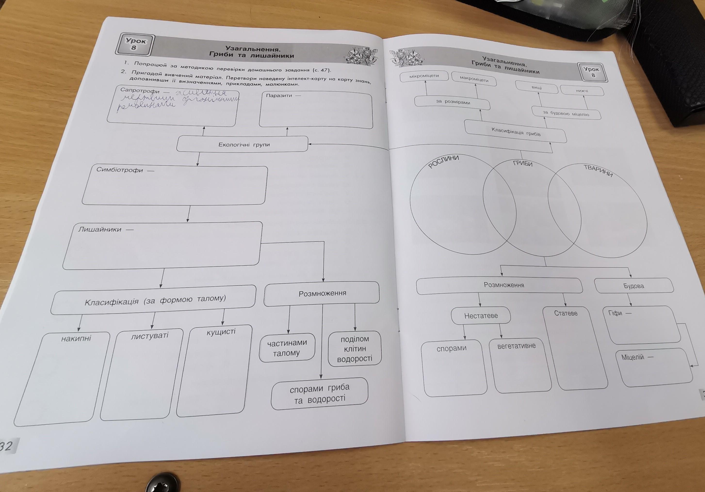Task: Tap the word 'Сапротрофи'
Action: click(x=140, y=91)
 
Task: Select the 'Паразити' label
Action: click(x=279, y=95)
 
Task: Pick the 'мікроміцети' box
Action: click(x=424, y=76)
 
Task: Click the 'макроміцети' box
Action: click(x=474, y=79)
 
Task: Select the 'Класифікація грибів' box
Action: click(x=516, y=131)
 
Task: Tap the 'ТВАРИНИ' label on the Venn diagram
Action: click(x=598, y=170)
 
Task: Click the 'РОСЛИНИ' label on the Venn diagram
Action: click(x=443, y=161)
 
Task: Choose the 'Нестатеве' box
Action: click(x=481, y=316)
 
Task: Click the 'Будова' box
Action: click(x=634, y=286)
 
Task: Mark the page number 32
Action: click(x=7, y=446)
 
